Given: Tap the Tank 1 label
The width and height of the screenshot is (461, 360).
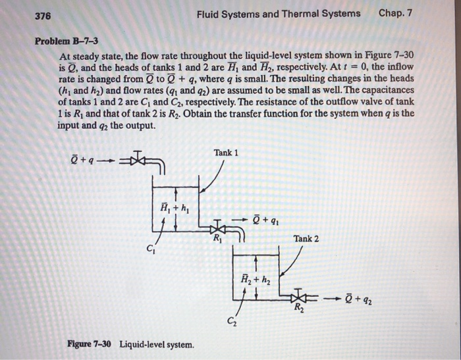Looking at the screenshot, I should click(226, 153).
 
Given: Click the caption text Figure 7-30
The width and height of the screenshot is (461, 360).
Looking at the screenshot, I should click(89, 345).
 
